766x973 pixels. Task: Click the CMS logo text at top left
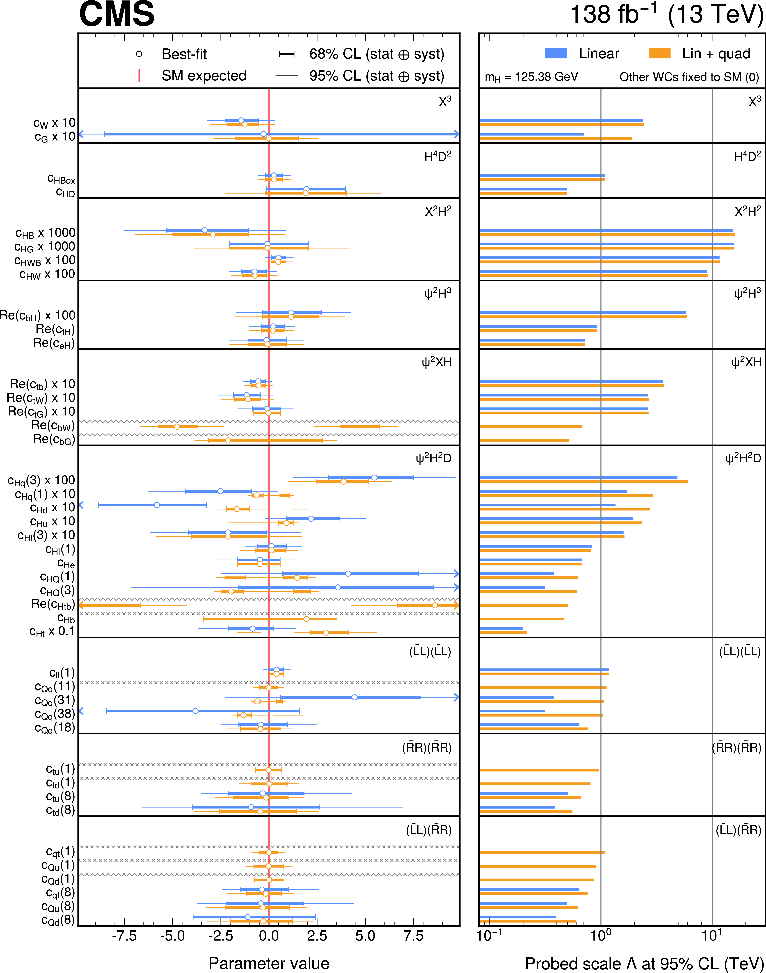(x=117, y=14)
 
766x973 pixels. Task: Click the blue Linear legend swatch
(x=556, y=53)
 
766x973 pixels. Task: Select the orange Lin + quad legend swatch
(x=659, y=53)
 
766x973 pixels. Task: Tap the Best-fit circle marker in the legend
(x=139, y=54)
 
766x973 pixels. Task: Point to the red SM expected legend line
(x=139, y=75)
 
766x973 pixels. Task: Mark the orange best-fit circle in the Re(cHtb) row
(x=435, y=605)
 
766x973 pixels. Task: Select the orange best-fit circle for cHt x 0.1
(x=326, y=632)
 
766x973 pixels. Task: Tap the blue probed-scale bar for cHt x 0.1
(x=501, y=629)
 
